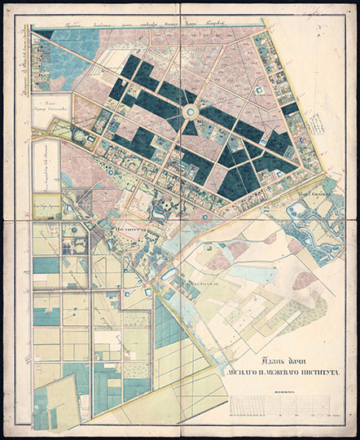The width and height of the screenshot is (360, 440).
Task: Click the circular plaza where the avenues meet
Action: (x=190, y=111)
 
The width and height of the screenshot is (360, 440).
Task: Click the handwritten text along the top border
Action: (x=147, y=25)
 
